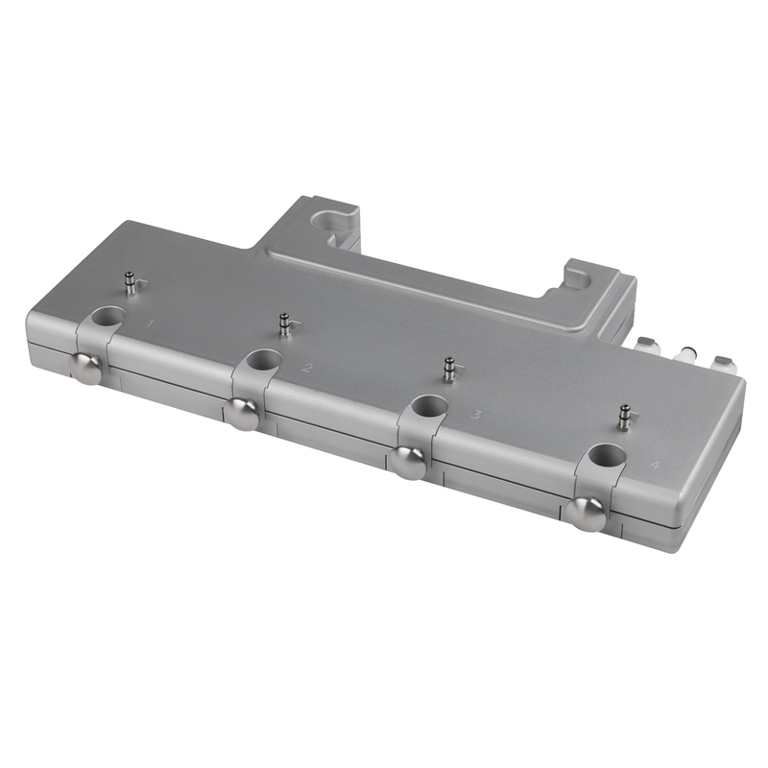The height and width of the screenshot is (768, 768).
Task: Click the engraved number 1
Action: coord(151,324)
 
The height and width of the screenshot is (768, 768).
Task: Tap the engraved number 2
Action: coord(306,368)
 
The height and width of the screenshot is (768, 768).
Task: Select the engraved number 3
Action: coord(474,415)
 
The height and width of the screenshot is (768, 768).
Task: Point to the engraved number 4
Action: coord(653,465)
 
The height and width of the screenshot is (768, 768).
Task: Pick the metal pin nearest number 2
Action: coord(283,324)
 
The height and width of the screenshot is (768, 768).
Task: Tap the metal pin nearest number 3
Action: coord(448,370)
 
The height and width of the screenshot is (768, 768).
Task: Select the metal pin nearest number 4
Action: coord(623,418)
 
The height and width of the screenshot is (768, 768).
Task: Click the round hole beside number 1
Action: coord(108,316)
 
